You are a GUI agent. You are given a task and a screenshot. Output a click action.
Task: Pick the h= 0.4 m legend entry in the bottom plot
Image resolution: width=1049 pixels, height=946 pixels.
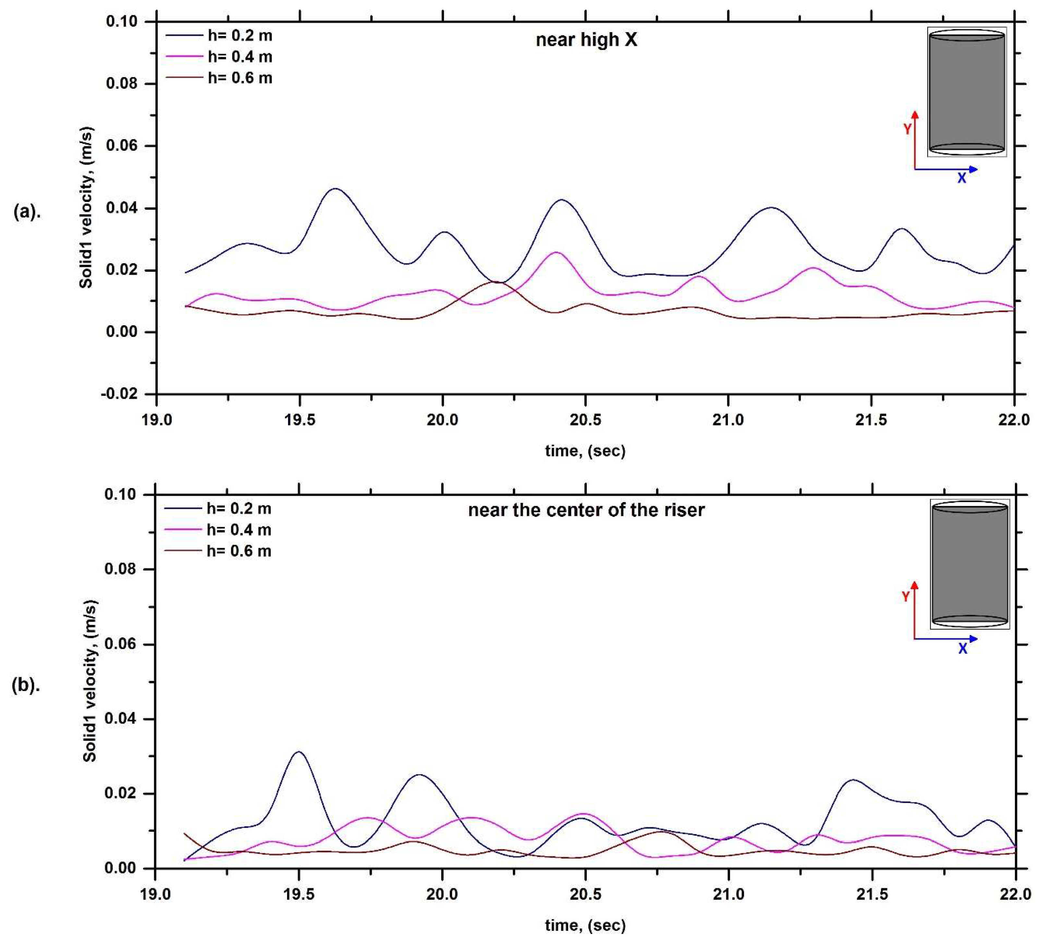pyautogui.click(x=239, y=530)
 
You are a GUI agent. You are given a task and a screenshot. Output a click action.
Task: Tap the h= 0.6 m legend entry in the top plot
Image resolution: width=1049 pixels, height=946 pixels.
pyautogui.click(x=240, y=78)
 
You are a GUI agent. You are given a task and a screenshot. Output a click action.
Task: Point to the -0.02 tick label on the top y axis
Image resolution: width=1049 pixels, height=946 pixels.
pyautogui.click(x=120, y=394)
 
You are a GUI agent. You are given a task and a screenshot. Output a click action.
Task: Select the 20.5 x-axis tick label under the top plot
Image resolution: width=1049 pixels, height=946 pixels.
pyautogui.click(x=585, y=420)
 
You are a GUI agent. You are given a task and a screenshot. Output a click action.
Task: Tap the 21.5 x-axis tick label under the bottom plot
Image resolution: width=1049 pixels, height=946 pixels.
pyautogui.click(x=871, y=894)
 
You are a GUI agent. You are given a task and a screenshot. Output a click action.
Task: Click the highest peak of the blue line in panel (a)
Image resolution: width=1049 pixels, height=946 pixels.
pyautogui.click(x=335, y=189)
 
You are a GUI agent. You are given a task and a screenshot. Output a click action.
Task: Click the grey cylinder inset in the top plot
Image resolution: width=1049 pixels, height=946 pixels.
pyautogui.click(x=966, y=92)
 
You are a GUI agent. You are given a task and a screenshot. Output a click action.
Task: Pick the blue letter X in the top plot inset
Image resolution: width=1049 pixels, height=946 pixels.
pyautogui.click(x=962, y=178)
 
